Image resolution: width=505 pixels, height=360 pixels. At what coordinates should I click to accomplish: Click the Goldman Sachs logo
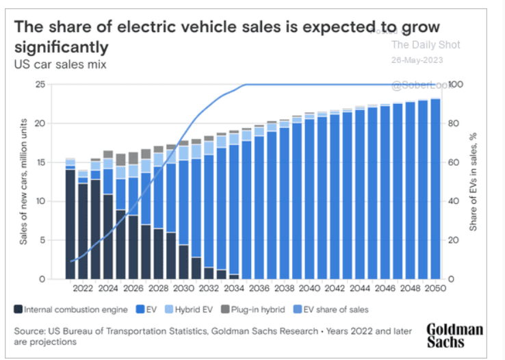tap(454, 335)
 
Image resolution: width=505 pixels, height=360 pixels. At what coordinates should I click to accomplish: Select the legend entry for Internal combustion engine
tap(71, 309)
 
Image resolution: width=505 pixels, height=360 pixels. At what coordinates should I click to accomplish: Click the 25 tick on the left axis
tap(40, 85)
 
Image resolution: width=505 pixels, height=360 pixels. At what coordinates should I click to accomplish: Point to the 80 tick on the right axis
tap(452, 124)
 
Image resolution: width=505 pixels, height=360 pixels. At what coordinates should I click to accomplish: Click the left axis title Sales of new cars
tap(23, 181)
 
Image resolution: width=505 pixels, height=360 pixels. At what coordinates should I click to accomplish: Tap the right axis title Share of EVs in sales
tap(474, 181)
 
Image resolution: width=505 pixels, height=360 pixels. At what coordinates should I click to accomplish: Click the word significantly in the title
tap(61, 47)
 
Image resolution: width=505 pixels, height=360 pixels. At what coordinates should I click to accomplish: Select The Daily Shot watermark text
tap(425, 45)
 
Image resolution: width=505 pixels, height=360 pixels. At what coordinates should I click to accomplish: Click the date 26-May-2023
tap(417, 60)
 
